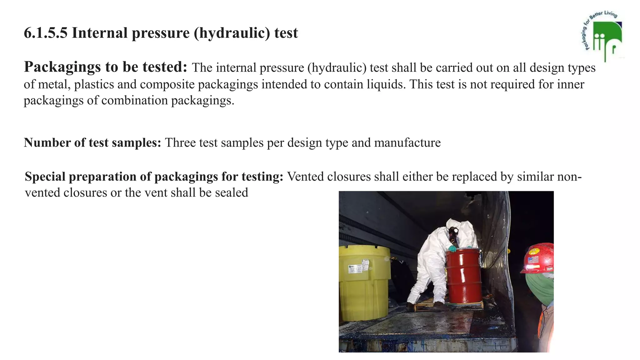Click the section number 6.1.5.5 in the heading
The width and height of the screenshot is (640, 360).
46,33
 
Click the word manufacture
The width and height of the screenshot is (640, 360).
407,143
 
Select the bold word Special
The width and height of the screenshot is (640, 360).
45,177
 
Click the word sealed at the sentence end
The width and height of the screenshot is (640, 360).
232,193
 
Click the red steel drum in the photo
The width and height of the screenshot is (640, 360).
464,277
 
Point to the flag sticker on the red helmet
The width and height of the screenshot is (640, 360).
533,259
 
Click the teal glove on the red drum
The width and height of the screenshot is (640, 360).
452,249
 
